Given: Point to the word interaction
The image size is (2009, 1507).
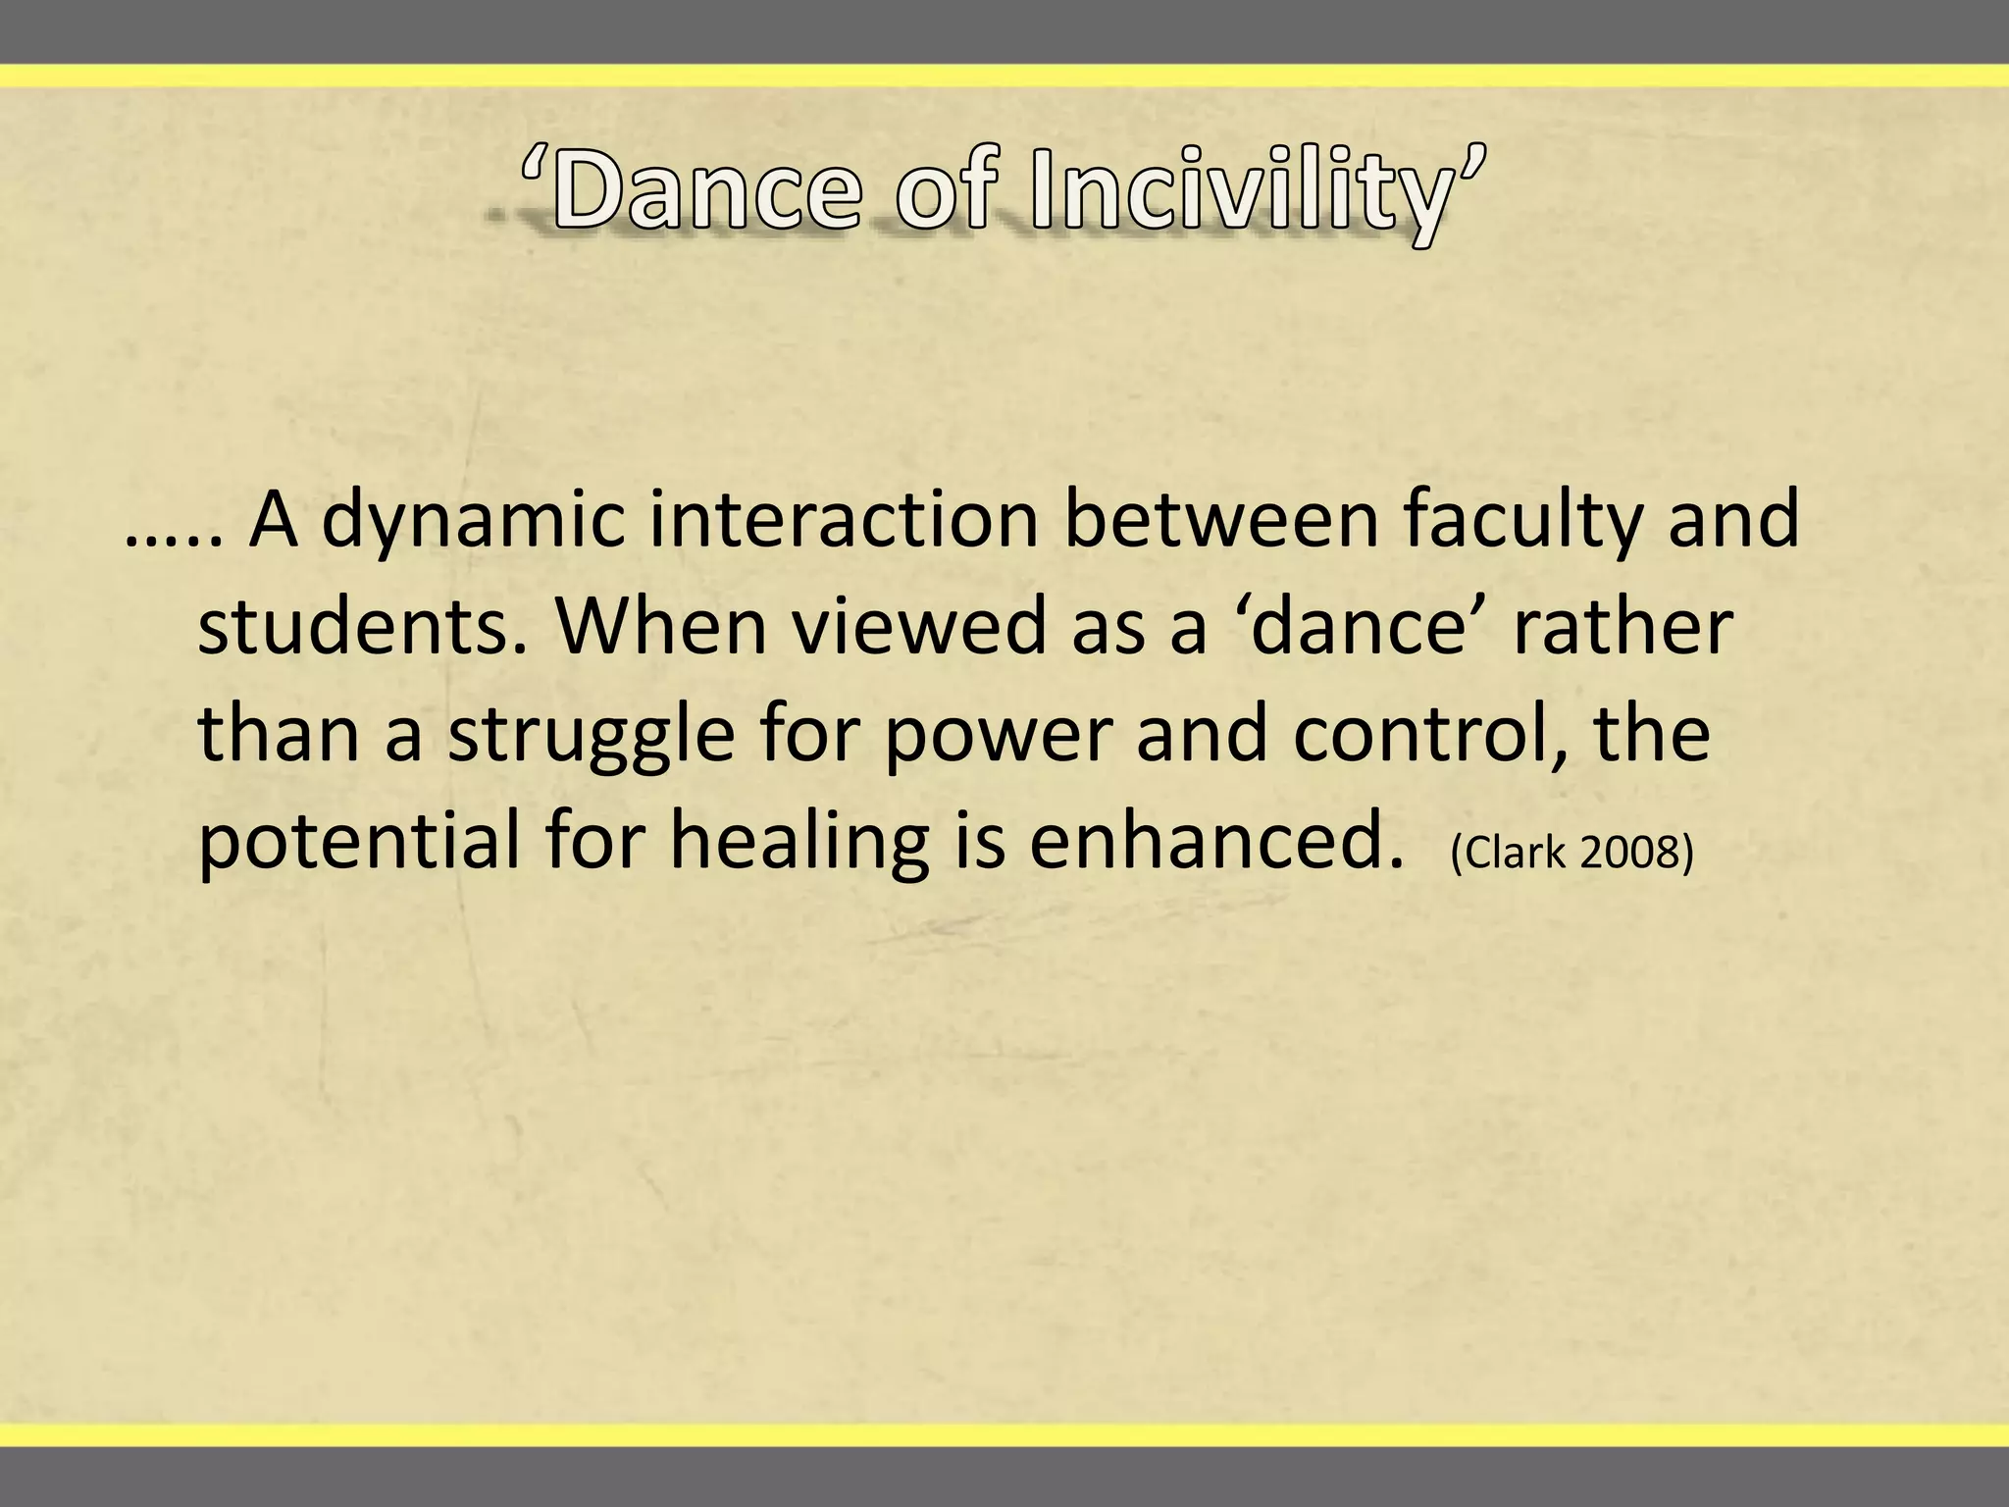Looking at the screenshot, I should tap(844, 520).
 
